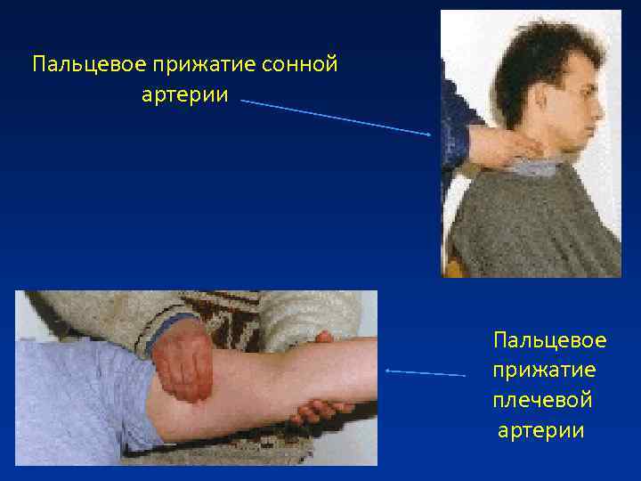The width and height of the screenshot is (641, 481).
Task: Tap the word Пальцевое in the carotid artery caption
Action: [78, 65]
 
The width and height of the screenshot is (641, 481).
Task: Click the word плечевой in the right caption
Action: [542, 401]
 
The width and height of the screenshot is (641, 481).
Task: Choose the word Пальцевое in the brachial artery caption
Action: [549, 340]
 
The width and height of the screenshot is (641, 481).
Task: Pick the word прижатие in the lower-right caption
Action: [544, 371]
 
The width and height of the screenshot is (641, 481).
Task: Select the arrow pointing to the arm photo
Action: [426, 371]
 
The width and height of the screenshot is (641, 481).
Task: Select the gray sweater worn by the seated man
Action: [534, 223]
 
